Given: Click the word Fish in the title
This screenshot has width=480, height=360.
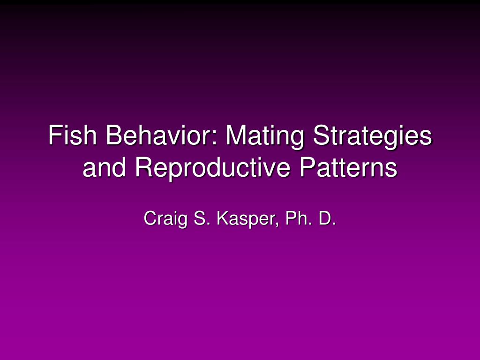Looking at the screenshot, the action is point(73,135).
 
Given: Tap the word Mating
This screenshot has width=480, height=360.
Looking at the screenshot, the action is point(265,137).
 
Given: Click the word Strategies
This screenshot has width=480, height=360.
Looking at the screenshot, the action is point(373,137).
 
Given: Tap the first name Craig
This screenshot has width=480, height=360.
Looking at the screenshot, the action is point(165,219).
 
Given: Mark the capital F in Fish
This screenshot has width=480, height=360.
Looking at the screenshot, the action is point(55,135).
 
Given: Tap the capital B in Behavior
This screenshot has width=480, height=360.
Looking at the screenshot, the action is point(114,135).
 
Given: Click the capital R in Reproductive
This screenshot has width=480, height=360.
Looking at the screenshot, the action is point(145,167).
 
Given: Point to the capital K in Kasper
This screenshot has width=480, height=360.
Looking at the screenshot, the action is point(224,218).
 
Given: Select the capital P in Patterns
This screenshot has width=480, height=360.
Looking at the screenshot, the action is point(307,167).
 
